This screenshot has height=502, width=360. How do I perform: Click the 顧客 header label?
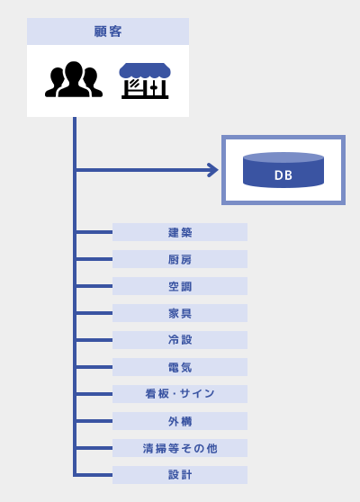[108, 31]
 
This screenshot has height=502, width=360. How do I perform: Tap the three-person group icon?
[74, 79]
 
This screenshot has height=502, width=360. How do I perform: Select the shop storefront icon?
[145, 81]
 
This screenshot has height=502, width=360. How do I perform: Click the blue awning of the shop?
[145, 71]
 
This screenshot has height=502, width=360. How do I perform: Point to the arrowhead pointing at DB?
[212, 170]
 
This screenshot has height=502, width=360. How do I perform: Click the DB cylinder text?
[283, 175]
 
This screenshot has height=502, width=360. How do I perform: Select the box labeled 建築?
[180, 232]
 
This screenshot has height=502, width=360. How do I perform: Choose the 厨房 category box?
[180, 259]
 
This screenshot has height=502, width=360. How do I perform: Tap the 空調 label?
[180, 286]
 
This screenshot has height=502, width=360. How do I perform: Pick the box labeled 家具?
[180, 313]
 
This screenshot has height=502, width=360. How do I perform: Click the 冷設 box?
[180, 340]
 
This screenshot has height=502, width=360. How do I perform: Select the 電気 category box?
[180, 367]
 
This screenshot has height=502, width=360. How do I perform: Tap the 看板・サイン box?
[180, 394]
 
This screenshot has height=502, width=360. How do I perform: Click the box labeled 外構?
[180, 421]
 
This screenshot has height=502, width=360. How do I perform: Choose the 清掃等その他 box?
[180, 448]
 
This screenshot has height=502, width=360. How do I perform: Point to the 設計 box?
[180, 475]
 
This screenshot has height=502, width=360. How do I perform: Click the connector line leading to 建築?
[94, 232]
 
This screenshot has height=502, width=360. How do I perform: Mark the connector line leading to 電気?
[94, 367]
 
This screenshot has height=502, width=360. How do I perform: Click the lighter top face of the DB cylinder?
[283, 157]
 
